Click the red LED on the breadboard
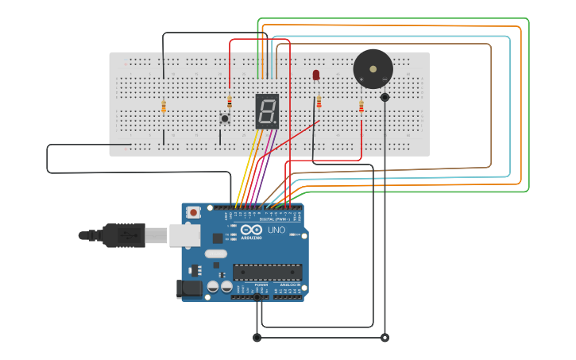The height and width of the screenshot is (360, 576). tap(316, 75)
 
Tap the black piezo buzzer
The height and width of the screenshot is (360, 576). tap(373, 69)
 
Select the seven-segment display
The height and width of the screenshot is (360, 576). tap(267, 111)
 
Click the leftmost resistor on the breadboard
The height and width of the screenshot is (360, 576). tap(164, 106)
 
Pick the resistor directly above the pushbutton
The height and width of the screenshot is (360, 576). tap(230, 102)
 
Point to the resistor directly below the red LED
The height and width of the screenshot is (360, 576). tap(319, 103)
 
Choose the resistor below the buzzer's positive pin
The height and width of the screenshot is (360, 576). tap(361, 106)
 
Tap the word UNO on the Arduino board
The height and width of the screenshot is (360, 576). tap(276, 230)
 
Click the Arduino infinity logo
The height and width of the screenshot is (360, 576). tap(251, 230)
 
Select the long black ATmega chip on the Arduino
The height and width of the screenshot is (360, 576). tap(267, 272)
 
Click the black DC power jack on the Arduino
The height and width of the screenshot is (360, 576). tap(189, 289)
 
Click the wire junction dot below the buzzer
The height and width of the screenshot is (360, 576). tap(385, 97)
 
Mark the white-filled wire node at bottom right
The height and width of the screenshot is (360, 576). tap(385, 338)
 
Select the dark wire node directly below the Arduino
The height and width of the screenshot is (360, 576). tap(257, 338)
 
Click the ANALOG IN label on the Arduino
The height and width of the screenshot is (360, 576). tap(288, 285)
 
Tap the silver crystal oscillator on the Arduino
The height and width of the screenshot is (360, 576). tap(215, 254)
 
